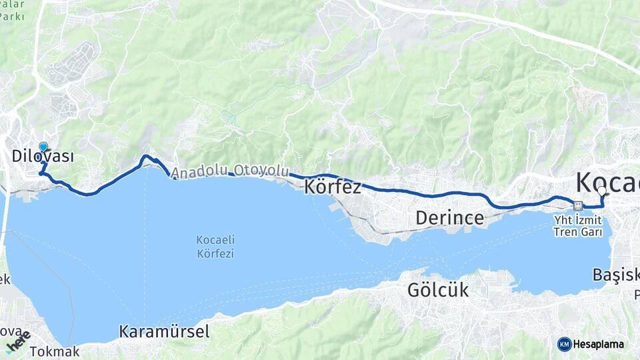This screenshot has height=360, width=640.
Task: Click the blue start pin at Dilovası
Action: coord(43,147)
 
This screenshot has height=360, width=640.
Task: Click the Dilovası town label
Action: coord(43,157)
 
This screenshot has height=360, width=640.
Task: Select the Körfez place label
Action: coord(333,187)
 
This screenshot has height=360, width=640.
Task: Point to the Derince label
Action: coord(449,218)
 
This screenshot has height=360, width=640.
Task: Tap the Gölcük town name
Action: coord(438,290)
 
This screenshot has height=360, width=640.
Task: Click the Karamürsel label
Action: coord(164,331)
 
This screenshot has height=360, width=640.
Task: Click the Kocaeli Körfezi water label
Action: coord(215,247)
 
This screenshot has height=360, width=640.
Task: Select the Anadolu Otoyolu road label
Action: coord(230,171)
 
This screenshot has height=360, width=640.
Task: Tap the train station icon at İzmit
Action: coord(577,205)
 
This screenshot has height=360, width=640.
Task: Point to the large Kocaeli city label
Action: coord(607,181)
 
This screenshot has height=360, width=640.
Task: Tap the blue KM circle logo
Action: coord(564,344)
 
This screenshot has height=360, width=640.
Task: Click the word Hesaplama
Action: coord(599,345)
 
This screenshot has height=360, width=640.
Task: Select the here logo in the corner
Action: coord(18,342)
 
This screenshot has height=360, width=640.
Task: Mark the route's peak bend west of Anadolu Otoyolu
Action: coord(146,157)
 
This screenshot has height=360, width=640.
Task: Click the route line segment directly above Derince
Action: coord(450,194)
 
